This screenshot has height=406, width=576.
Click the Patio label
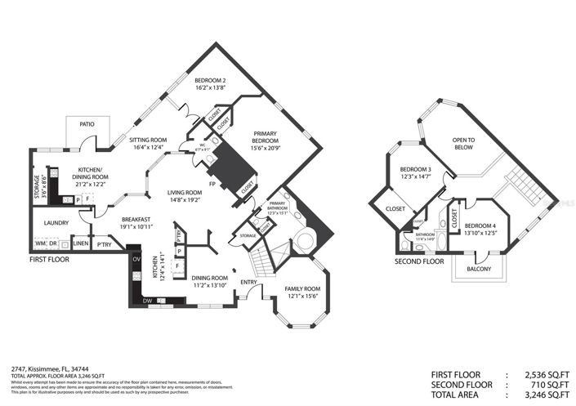[x=87, y=124]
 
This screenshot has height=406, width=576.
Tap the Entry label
[x=248, y=283]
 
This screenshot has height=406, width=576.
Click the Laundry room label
[x=56, y=222]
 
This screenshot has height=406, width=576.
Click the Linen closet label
[x=80, y=243]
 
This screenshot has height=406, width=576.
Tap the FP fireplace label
[x=212, y=184]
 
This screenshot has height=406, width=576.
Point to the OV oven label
[x=137, y=260]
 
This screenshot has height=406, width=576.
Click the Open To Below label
[x=464, y=144]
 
